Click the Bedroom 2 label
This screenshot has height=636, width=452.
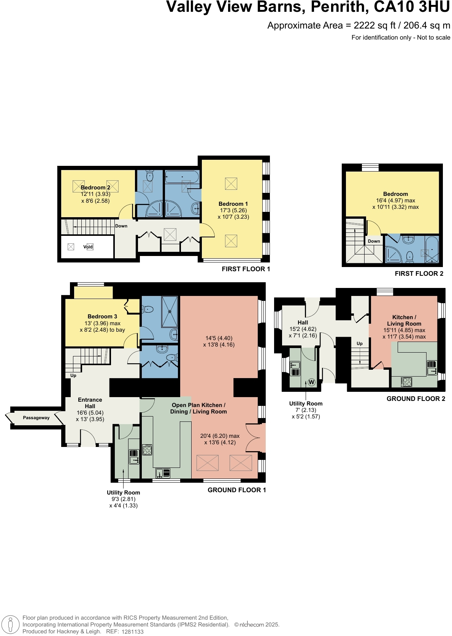click(95, 188)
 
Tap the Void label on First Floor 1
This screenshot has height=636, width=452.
click(88, 247)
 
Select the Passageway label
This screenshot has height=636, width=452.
click(36, 418)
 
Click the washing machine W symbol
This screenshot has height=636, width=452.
click(312, 382)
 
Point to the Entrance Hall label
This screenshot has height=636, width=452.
click(90, 403)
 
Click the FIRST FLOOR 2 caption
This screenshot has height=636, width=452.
click(419, 273)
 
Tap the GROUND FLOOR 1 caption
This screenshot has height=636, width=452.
click(236, 490)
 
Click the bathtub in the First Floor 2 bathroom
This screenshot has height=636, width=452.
click(432, 250)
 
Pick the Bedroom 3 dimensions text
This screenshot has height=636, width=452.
click(102, 327)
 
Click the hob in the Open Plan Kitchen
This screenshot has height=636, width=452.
click(147, 450)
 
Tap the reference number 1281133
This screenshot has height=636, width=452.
click(132, 632)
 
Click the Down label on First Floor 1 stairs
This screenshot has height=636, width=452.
click(121, 226)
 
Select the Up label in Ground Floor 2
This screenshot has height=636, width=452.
click(360, 343)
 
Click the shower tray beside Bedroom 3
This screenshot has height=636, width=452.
click(170, 312)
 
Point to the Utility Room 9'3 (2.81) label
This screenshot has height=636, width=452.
click(123, 499)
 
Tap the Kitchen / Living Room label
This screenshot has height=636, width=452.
click(404, 320)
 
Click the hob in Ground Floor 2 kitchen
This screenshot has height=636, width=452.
click(407, 382)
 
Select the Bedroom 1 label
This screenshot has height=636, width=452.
click(233, 204)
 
